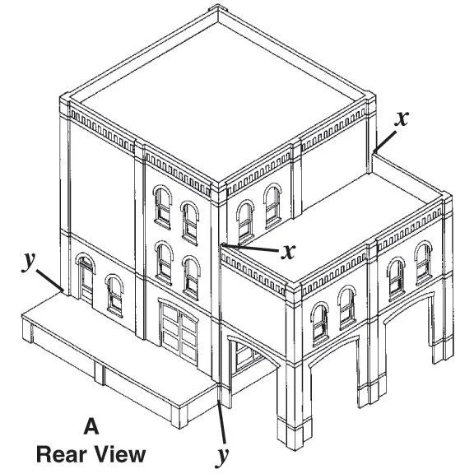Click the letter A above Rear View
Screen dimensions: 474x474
coord(91,426)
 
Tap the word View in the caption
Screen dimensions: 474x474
coord(119,454)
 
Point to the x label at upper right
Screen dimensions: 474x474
coord(402,118)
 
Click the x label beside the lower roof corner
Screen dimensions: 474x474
coord(288,252)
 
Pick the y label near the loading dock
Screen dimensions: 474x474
coord(29,262)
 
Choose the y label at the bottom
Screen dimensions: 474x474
coord(222,457)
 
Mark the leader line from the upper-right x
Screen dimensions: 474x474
coord(384,142)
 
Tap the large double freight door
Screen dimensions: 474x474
coord(179,332)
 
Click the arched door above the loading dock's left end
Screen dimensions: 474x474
coord(86,279)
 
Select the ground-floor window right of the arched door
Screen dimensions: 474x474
coord(114,295)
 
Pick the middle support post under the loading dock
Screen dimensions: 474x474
coord(100,374)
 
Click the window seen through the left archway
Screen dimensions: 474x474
coord(245,356)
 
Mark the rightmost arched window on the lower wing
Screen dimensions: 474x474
coord(424,263)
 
